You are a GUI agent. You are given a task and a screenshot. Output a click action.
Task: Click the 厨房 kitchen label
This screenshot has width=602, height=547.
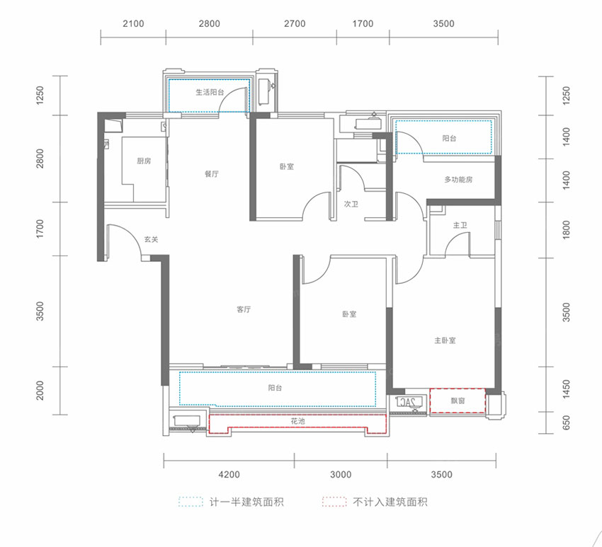[x=144, y=161]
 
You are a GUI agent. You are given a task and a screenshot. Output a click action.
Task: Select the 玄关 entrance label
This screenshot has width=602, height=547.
[x=151, y=240]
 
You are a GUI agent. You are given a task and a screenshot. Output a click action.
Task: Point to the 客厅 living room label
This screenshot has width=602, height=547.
[x=244, y=309]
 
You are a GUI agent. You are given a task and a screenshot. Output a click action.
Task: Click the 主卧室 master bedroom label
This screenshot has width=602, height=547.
[x=445, y=340]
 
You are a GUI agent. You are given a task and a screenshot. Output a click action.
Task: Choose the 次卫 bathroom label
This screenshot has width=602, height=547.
[x=350, y=204]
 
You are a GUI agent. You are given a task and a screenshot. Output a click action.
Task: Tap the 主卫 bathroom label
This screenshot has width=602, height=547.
[x=460, y=225]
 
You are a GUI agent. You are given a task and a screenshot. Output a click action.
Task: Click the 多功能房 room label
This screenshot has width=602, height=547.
[x=458, y=180]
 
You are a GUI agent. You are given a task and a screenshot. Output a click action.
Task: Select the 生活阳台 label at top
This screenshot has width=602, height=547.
[x=210, y=93]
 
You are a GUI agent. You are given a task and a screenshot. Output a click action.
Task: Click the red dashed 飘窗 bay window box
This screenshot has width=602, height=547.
[x=458, y=401]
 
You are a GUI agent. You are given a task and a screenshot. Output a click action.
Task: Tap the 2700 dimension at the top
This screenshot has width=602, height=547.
[x=295, y=23]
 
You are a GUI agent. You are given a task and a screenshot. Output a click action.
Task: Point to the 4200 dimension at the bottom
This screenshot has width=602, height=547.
[x=229, y=474]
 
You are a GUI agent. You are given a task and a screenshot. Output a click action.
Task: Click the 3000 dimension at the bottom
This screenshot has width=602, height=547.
[x=341, y=474]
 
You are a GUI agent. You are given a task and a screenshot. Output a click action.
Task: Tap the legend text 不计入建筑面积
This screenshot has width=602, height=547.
[x=390, y=502]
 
